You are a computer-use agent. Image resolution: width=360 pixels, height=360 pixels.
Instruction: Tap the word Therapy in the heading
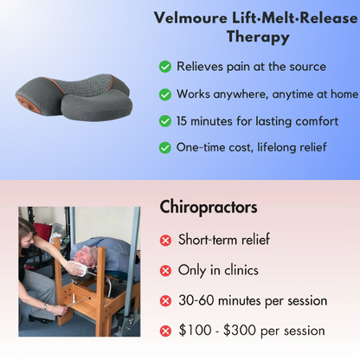pyautogui.click(x=257, y=37)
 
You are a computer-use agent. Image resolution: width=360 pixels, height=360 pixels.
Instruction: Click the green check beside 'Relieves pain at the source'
pyautogui.click(x=164, y=67)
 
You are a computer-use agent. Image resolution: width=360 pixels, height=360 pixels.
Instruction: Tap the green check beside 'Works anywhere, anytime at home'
pyautogui.click(x=164, y=94)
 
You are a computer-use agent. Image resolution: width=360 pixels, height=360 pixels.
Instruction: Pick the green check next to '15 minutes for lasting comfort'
pyautogui.click(x=164, y=121)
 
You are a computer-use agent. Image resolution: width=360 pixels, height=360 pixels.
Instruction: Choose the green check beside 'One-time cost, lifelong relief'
pyautogui.click(x=164, y=148)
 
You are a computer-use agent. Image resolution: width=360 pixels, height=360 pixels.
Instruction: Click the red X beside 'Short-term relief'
pyautogui.click(x=165, y=241)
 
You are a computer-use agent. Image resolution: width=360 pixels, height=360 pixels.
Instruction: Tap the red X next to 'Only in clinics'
pyautogui.click(x=165, y=271)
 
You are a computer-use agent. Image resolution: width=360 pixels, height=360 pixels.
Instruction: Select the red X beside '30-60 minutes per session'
pyautogui.click(x=165, y=301)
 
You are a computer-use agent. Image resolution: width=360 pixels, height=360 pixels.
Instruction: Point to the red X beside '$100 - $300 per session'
pyautogui.click(x=165, y=331)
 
